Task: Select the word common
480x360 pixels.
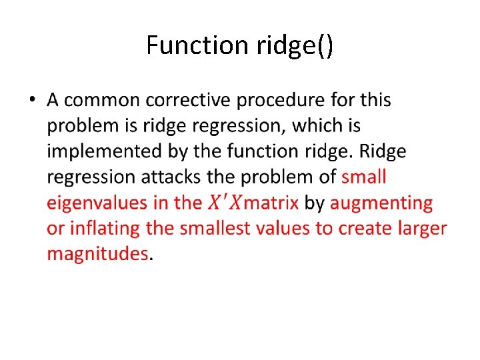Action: pyautogui.click(x=101, y=100)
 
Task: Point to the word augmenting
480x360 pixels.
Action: pyautogui.click(x=381, y=203)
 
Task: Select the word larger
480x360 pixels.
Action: pyautogui.click(x=423, y=228)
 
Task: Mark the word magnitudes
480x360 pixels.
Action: pyautogui.click(x=97, y=253)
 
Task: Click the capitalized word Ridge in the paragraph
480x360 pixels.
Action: pyautogui.click(x=382, y=151)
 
